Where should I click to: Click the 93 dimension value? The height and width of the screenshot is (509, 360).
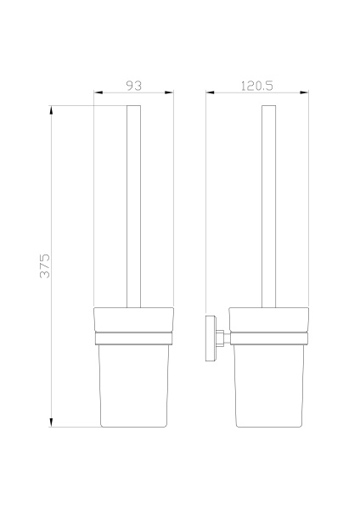134,86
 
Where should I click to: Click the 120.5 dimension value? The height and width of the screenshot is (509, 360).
257,86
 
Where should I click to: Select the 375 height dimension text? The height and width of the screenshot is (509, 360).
45,266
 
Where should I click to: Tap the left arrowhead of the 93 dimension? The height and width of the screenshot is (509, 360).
98,92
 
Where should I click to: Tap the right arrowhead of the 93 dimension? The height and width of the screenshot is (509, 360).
169,92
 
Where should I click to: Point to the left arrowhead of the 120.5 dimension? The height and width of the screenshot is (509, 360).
210,92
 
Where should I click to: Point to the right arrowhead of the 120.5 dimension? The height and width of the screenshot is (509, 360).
304,92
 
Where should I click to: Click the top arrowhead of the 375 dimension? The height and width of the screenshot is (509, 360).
51,110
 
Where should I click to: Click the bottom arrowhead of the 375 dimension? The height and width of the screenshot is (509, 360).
51,422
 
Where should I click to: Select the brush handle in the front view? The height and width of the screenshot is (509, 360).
134,206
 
